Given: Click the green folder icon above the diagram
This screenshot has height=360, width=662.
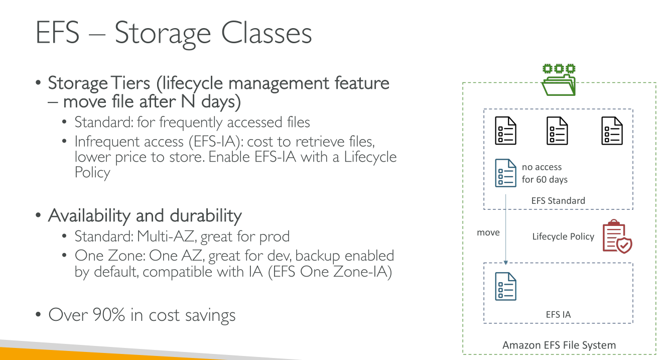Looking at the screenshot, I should tap(559, 80).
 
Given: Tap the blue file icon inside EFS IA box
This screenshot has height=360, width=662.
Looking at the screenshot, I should tap(505, 286).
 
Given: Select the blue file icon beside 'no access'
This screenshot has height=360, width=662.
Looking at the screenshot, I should tap(505, 173).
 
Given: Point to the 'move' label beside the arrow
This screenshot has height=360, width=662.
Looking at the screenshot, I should tap(488, 232).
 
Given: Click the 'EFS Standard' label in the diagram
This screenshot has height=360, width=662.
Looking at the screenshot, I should tap(558, 200).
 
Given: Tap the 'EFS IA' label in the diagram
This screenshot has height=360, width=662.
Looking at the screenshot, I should tap(558, 315).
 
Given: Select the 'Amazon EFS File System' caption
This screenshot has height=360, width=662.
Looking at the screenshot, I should tap(559, 345).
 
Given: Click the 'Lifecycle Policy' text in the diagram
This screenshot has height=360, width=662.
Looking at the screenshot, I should tap(563, 236).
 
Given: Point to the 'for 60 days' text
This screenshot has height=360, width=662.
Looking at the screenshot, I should tap(545, 179).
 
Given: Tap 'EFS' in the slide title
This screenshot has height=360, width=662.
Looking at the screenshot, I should tap(57, 34).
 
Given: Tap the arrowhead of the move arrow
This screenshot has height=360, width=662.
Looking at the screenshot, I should tap(505, 262).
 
